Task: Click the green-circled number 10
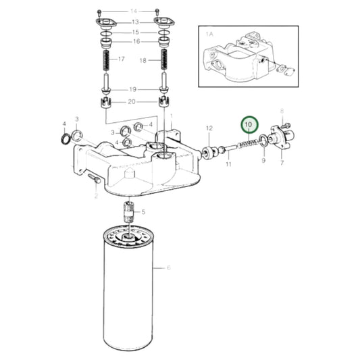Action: [x=250, y=124]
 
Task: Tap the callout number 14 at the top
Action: [x=133, y=11]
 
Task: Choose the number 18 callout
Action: [x=143, y=60]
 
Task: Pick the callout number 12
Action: [x=209, y=128]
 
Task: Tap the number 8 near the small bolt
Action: [x=282, y=111]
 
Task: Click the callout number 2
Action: [x=97, y=196]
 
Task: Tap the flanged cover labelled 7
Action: [x=278, y=140]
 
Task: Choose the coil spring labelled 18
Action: [x=163, y=66]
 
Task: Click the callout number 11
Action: [x=229, y=163]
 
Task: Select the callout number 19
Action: [x=133, y=89]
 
